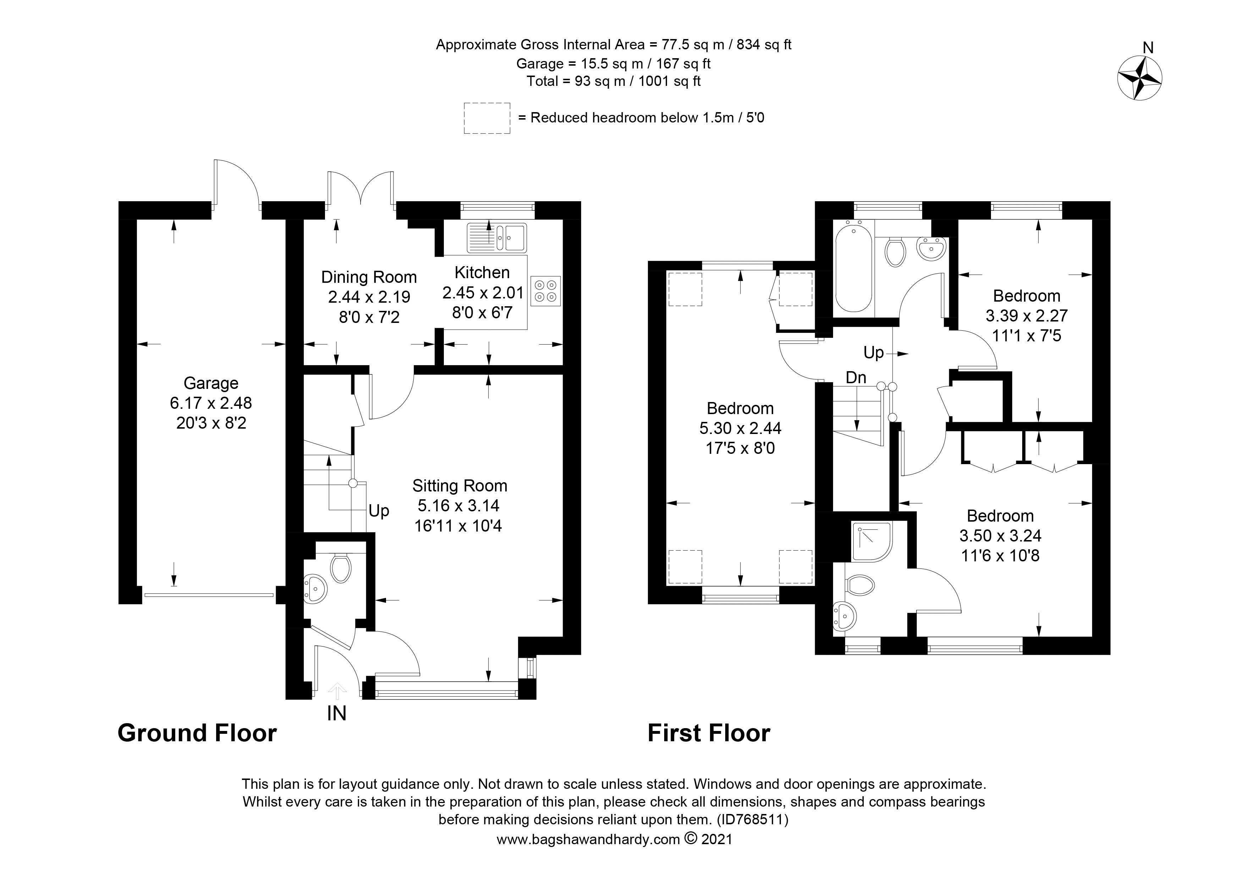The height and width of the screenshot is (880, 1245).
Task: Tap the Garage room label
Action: click(x=211, y=383)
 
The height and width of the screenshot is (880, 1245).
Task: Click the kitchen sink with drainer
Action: click(x=497, y=237)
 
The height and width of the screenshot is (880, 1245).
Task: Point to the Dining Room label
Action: click(x=369, y=277)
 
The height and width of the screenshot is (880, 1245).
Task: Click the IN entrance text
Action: click(x=336, y=714)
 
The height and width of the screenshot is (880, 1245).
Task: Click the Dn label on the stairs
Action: click(x=856, y=378)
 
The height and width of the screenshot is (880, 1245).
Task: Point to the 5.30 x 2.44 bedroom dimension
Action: click(x=740, y=428)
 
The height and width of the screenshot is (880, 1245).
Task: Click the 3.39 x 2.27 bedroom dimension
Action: click(x=1026, y=315)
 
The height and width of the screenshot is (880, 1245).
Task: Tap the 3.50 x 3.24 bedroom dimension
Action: click(x=1001, y=536)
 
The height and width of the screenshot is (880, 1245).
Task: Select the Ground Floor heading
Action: click(x=197, y=733)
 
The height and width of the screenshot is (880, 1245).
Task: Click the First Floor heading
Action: click(x=709, y=733)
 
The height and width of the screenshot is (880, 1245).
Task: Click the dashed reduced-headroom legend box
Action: click(x=487, y=118)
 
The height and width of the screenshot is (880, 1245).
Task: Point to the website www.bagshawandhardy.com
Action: click(x=588, y=840)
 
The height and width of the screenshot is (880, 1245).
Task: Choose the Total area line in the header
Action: click(x=613, y=81)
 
